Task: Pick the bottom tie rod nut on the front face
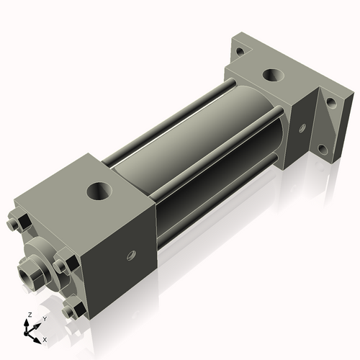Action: (72, 311)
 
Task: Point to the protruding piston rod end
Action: (30, 273)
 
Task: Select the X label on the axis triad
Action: (45, 338)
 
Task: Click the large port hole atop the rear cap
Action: (272, 74)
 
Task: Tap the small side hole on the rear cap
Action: (302, 129)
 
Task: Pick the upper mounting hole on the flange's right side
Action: (330, 102)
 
